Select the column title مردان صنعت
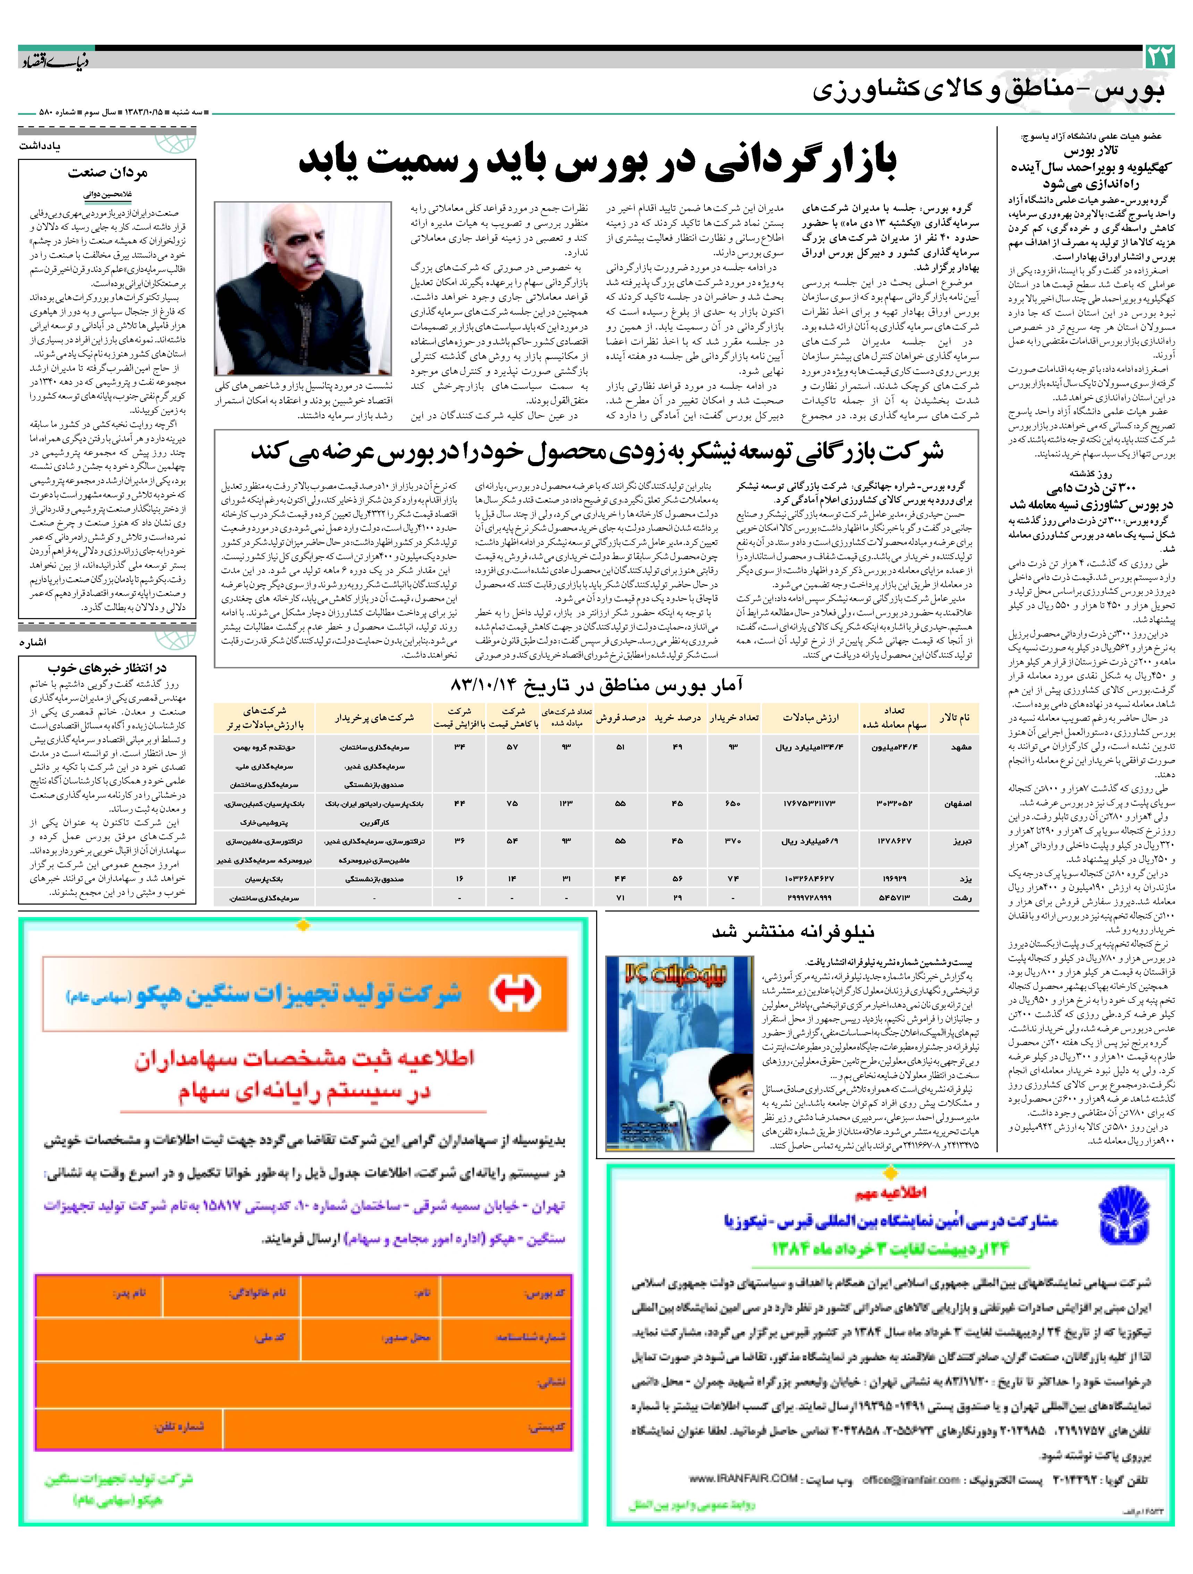click(x=108, y=173)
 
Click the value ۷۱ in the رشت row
click(x=621, y=898)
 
